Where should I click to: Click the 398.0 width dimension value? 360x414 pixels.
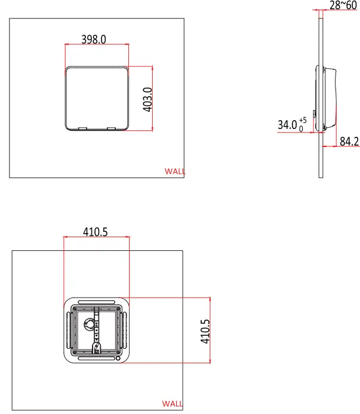click(93, 39)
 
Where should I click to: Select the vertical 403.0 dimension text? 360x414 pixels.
click(148, 99)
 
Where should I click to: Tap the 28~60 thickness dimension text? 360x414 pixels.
click(343, 5)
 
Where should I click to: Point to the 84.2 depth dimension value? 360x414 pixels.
click(349, 142)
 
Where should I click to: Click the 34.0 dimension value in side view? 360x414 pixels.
click(287, 125)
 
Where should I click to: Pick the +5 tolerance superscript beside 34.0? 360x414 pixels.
click(303, 120)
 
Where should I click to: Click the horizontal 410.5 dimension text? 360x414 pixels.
click(94, 232)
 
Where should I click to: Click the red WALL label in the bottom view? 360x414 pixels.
click(173, 404)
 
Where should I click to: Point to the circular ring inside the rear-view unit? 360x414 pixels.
click(90, 324)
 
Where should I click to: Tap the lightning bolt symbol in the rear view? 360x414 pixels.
click(97, 347)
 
